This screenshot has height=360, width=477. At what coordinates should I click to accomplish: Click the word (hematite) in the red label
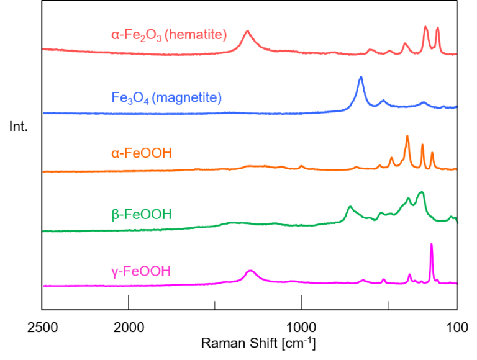[x=198, y=35]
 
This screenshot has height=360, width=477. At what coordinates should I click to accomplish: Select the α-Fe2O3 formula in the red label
[x=137, y=35]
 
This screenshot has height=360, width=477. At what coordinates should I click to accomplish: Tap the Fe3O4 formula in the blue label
[x=129, y=97]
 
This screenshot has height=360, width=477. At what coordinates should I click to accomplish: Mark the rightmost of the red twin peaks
[x=438, y=28]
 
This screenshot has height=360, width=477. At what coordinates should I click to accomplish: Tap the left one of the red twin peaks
[x=425, y=27]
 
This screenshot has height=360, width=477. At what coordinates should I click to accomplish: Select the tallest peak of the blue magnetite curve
[x=360, y=78]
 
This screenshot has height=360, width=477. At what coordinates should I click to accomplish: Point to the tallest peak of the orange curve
[x=407, y=137]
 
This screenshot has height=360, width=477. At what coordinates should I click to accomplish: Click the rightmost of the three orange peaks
[x=432, y=153]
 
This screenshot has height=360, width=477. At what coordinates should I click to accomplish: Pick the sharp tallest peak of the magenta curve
[x=431, y=245]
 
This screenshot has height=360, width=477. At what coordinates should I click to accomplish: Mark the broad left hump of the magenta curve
[x=250, y=271]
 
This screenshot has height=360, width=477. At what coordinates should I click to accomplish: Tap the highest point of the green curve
[x=422, y=192]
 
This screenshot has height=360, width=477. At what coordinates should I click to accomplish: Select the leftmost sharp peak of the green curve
[x=350, y=207]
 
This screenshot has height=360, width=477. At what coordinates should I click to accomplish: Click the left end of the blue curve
[x=44, y=114]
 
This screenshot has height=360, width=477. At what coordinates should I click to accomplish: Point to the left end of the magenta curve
[x=44, y=286]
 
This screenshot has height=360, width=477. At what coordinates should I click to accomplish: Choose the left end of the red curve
[x=43, y=48]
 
